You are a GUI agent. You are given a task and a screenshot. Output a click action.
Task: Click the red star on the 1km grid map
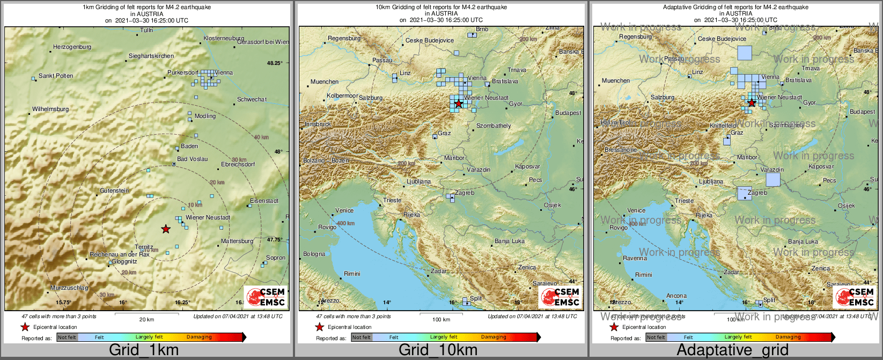pos(166,229)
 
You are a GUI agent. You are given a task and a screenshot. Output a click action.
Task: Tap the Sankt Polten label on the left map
pos(56,76)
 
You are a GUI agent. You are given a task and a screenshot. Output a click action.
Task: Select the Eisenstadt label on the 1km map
pos(264,201)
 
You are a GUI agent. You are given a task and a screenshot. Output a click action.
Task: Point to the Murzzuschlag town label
pos(69,288)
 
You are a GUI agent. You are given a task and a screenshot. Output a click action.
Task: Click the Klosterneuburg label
pos(224,39)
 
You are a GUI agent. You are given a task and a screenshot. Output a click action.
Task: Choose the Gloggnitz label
pos(124,262)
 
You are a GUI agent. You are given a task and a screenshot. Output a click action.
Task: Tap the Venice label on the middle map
pos(344,211)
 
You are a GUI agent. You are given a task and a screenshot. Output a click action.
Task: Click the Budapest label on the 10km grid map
pos(568,113)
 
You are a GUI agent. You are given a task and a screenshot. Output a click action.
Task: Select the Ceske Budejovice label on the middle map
pos(430,41)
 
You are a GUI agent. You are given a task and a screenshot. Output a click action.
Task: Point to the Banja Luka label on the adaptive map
pos(803,242)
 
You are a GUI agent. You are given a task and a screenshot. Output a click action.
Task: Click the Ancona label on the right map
pos(676,296)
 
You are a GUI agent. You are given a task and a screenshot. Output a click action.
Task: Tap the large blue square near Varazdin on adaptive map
pos(773,179)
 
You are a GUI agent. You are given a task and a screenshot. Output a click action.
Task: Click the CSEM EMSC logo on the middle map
pos(560,297)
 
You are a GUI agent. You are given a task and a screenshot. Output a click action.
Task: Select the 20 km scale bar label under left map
pos(146,319)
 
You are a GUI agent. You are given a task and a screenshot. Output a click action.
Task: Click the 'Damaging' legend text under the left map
pos(199,337)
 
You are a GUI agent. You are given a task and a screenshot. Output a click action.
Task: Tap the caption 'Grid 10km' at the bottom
pos(438,350)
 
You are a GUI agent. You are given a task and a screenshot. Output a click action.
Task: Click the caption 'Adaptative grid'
pos(733,350)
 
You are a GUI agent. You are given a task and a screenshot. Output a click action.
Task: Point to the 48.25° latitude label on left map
pos(275,63)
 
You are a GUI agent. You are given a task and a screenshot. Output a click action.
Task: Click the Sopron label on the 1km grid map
pos(276,258)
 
